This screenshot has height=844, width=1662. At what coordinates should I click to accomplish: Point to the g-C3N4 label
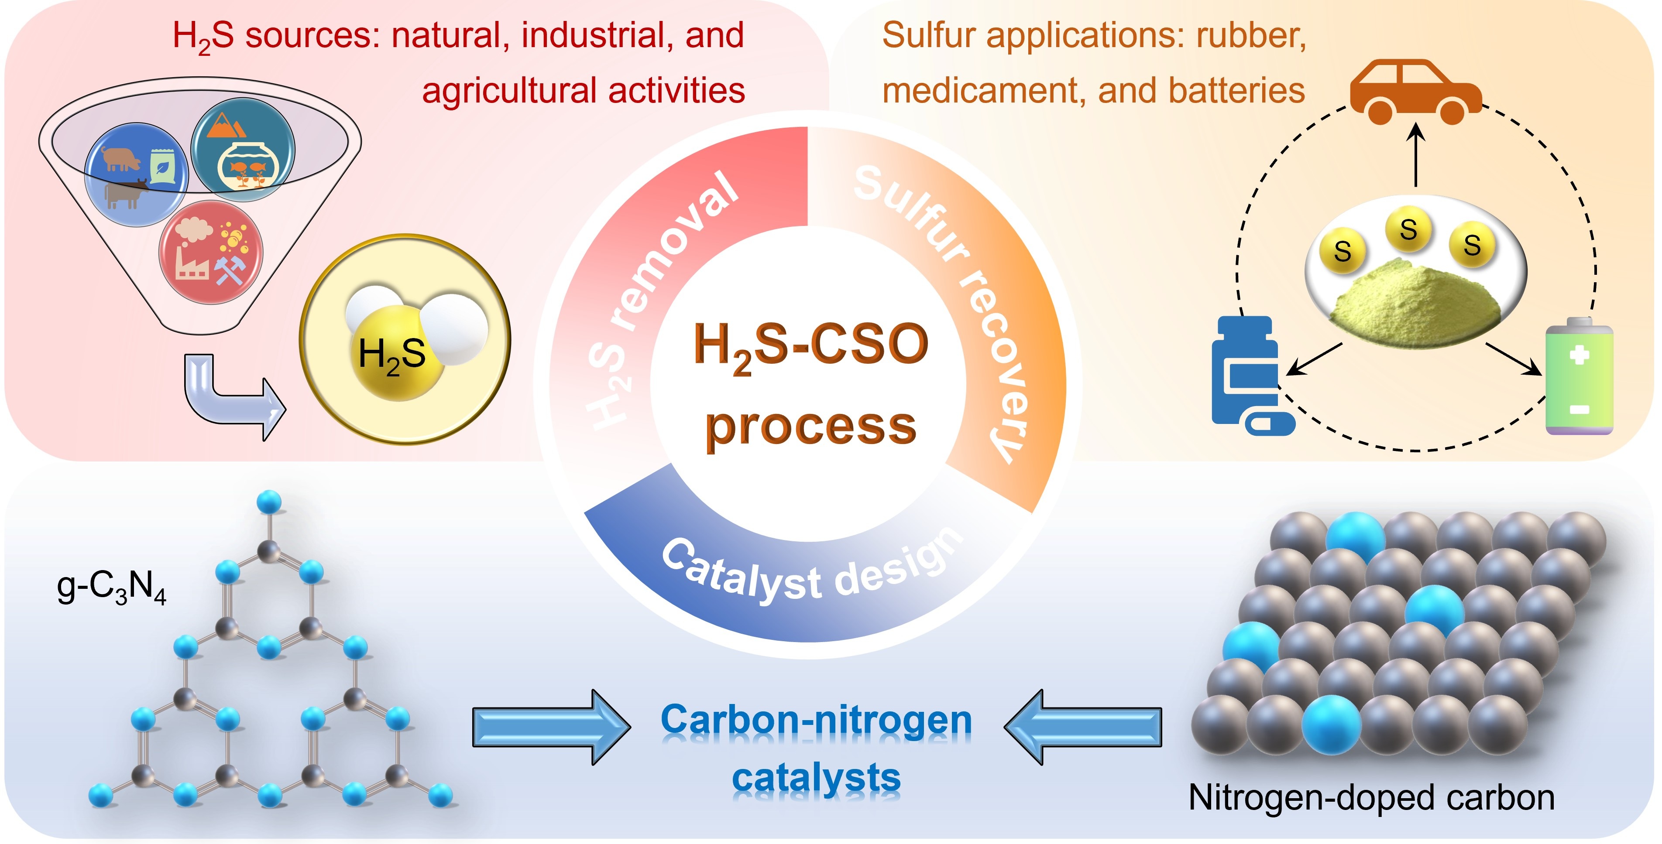click(x=111, y=588)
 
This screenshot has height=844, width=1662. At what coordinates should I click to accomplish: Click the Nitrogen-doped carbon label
click(x=1371, y=798)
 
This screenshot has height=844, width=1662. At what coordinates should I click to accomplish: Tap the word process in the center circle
click(x=810, y=427)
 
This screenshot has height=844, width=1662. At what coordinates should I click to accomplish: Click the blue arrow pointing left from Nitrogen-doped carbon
click(x=1084, y=727)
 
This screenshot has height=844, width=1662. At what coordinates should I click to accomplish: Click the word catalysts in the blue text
click(x=816, y=778)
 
